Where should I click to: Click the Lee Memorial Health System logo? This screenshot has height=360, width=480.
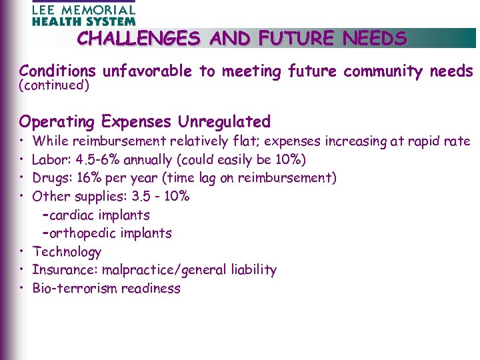point(83,13)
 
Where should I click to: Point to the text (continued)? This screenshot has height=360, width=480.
point(54,85)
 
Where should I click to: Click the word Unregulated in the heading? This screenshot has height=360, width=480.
point(224,122)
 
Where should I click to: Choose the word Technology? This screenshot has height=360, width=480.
point(67,252)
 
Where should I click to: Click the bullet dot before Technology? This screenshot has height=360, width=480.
point(22,252)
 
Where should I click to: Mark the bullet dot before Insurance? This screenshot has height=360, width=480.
point(22,270)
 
